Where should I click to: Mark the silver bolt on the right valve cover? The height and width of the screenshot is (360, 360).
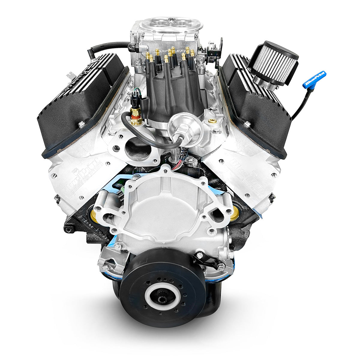[x=247, y=124]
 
